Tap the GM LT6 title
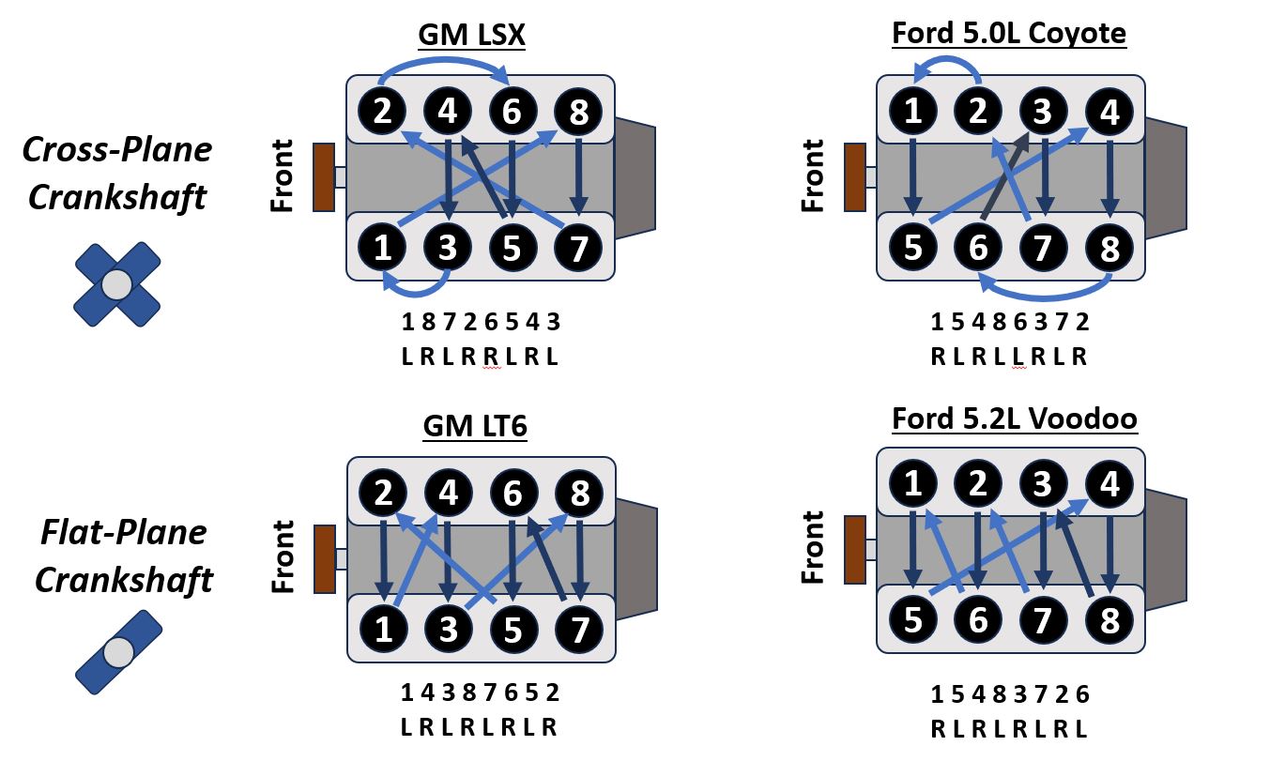point(475,427)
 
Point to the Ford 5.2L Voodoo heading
point(1015,419)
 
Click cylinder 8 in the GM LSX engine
point(578,113)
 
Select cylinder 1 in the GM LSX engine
point(382,249)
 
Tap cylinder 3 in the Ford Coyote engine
point(1043,113)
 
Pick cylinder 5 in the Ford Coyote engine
point(912,249)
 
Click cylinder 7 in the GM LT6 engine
point(578,629)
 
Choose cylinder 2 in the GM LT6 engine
point(382,494)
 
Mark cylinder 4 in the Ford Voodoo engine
point(1109,485)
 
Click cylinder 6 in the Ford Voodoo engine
point(978,620)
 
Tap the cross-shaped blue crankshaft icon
point(116,284)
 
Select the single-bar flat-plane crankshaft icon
point(118,651)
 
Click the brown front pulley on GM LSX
point(324,176)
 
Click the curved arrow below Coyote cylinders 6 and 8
point(1044,290)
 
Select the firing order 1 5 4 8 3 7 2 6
point(1010,694)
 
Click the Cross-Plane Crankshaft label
point(117,174)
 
